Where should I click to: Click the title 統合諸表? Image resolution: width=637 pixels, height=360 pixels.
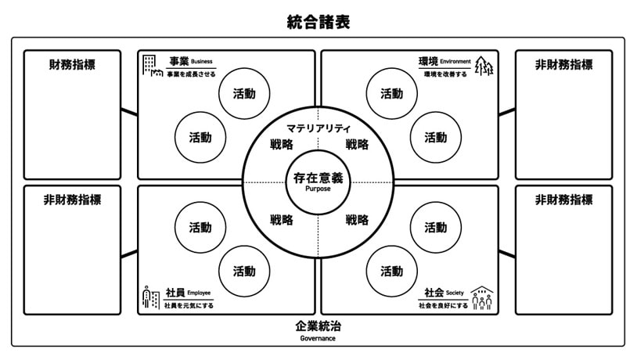point(318,22)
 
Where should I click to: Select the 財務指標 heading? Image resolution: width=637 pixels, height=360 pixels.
point(72,65)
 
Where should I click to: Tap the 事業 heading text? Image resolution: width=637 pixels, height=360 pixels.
point(178,61)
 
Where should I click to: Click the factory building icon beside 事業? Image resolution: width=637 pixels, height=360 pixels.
point(152,66)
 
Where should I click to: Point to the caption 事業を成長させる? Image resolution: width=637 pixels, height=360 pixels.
point(188,75)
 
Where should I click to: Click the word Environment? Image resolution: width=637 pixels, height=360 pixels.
point(455,61)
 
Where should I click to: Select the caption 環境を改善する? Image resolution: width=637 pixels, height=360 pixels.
point(445,75)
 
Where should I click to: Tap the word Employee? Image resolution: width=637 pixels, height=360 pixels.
point(199,293)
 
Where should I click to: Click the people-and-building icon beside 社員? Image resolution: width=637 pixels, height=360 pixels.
point(150,297)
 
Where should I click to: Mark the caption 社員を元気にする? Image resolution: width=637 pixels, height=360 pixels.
point(189,305)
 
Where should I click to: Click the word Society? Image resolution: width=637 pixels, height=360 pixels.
point(455,293)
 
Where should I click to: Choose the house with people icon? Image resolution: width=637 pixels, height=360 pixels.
point(483,297)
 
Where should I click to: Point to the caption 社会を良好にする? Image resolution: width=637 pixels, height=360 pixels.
point(444,305)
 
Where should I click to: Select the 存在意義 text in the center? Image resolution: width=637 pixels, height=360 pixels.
point(318,178)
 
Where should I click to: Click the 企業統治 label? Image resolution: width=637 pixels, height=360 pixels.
point(318,326)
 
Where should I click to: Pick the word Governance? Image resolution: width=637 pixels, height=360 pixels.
point(318,339)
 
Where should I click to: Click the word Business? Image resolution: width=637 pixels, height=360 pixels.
point(201,61)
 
